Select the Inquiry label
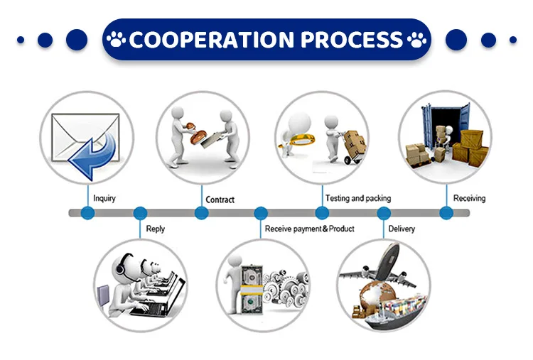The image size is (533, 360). (x=104, y=198)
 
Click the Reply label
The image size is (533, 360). (x=155, y=229)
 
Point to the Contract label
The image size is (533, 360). (x=220, y=200)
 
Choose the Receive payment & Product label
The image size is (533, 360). (x=309, y=229)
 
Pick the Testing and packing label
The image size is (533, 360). (x=357, y=198)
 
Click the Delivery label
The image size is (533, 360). (x=402, y=229)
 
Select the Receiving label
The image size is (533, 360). (x=469, y=198)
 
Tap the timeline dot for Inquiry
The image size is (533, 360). (x=87, y=212)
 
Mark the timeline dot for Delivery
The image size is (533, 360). (x=384, y=212)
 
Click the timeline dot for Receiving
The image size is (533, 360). (x=446, y=212)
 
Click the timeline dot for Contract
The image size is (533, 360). (x=202, y=212)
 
